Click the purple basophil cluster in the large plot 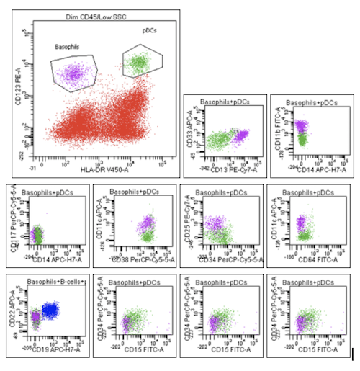[74, 71]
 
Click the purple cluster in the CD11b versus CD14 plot [301, 128]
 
